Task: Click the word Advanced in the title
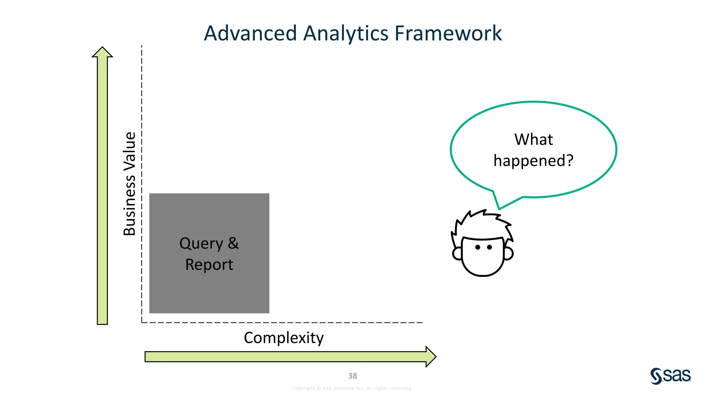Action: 250,33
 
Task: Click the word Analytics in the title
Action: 346,33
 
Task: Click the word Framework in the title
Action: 448,33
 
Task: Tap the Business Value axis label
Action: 130,184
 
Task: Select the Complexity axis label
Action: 283,338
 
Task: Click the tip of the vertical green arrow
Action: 102,48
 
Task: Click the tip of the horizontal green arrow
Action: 435,357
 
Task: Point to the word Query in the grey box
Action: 201,244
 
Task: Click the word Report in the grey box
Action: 209,265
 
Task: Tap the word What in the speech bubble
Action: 533,140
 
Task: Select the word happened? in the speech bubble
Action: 533,161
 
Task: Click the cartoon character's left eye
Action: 478,247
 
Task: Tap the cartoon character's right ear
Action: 509,253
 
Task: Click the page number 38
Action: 352,376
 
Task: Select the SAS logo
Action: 670,376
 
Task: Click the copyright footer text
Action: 352,388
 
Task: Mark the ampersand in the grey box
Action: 233,243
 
